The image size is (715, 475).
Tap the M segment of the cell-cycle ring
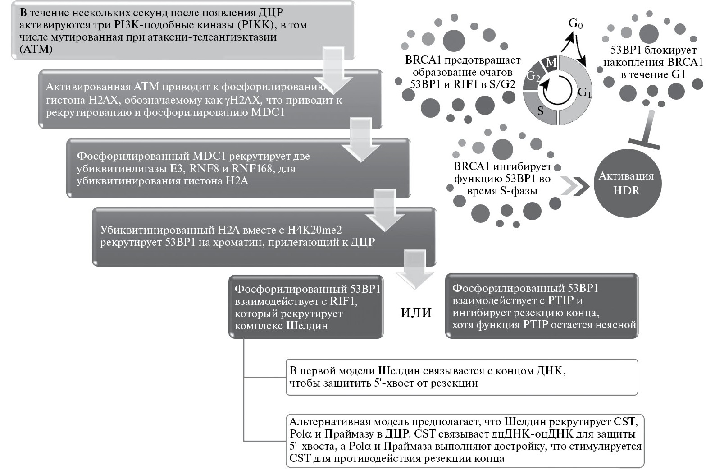(551, 63)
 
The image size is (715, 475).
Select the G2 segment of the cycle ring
(533, 77)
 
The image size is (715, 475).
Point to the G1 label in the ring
(584, 92)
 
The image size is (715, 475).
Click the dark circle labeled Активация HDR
(626, 183)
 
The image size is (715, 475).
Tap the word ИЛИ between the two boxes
(416, 313)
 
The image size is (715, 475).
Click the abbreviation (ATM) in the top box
(36, 49)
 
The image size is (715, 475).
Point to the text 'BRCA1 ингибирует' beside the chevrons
(502, 166)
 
